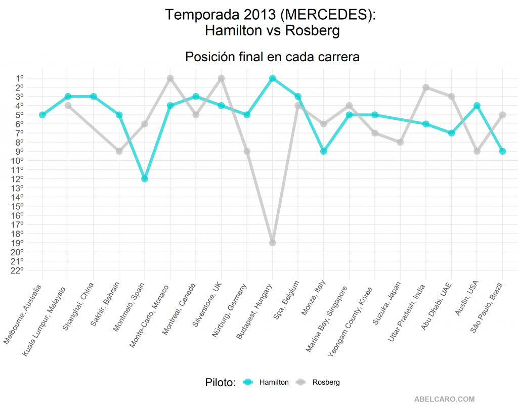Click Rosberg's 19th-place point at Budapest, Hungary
pyautogui.click(x=272, y=243)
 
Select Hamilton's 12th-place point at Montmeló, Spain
pyautogui.click(x=145, y=178)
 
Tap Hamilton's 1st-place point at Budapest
pyautogui.click(x=272, y=78)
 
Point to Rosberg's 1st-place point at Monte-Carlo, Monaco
pyautogui.click(x=170, y=78)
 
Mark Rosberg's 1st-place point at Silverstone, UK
pyautogui.click(x=221, y=78)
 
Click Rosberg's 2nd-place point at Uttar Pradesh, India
pyautogui.click(x=426, y=87)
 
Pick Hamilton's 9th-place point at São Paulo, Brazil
pyautogui.click(x=502, y=151)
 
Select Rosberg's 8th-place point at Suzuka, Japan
pyautogui.click(x=400, y=142)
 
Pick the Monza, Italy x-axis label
pyautogui.click(x=315, y=298)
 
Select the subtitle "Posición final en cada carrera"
pyautogui.click(x=272, y=56)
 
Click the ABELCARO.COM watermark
pyautogui.click(x=444, y=399)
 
